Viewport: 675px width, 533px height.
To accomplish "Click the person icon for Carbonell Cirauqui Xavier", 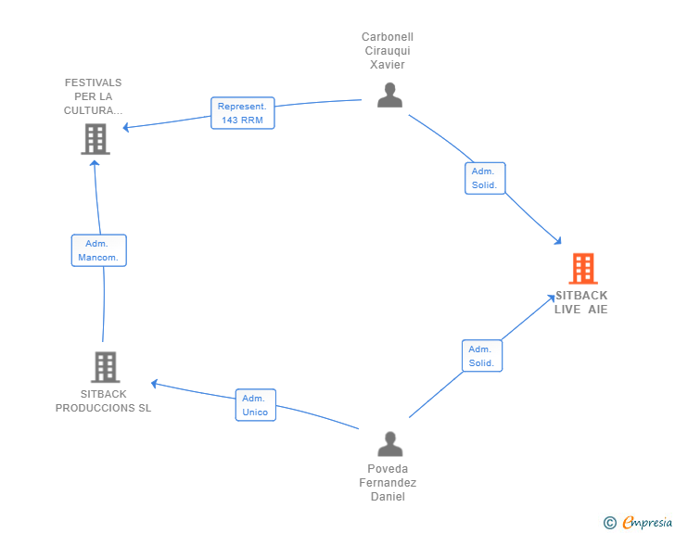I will [x=389, y=95].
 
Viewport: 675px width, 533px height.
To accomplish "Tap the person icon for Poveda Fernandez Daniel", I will [x=389, y=443].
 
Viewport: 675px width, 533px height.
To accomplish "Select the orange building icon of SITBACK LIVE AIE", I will [x=582, y=269].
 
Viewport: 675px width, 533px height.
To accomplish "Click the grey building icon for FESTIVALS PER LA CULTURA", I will [x=95, y=139].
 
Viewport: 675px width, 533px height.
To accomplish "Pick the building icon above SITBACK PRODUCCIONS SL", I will [x=105, y=367].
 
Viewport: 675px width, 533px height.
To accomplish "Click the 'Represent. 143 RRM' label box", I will [x=242, y=113].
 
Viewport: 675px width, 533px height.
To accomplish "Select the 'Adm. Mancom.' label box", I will [x=98, y=250].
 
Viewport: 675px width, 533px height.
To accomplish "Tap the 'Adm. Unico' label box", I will [x=255, y=405].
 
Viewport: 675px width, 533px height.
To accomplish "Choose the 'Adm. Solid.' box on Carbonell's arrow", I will [x=484, y=178].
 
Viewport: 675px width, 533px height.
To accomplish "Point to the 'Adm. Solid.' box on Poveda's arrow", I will [x=481, y=356].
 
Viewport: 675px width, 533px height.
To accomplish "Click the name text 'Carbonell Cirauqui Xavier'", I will [x=388, y=51].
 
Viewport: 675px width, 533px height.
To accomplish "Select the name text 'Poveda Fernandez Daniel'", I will [x=388, y=482].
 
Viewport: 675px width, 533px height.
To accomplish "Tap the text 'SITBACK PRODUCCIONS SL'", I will [x=103, y=401].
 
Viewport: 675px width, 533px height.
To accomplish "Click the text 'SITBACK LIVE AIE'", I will [x=581, y=302].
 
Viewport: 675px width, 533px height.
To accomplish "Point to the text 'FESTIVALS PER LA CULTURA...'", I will [x=93, y=96].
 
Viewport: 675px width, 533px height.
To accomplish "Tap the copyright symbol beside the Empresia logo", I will [x=609, y=523].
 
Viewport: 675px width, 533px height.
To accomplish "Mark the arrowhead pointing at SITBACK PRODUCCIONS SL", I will [x=156, y=382].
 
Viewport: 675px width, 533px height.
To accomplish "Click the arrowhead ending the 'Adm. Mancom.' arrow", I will [x=95, y=163].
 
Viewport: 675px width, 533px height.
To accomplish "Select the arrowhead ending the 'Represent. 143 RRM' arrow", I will [x=129, y=127].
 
